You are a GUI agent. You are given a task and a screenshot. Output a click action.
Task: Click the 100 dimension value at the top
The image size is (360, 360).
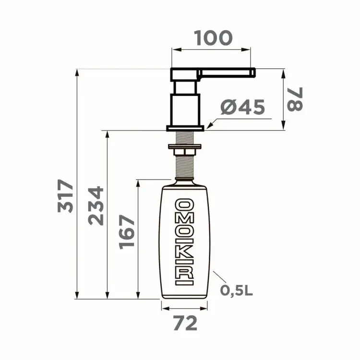click(x=213, y=38)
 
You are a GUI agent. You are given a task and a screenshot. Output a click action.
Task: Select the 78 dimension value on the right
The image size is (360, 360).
click(x=295, y=99)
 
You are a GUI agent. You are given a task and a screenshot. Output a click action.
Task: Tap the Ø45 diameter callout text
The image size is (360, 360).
click(x=242, y=107)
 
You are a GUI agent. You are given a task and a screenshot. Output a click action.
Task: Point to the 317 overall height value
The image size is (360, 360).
click(x=65, y=196)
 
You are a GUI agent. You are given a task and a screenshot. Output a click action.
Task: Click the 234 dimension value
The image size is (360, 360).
click(x=96, y=206)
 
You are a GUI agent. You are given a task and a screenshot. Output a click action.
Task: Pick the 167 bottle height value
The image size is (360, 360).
click(x=127, y=232)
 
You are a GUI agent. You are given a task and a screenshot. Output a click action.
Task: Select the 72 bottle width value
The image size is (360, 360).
click(x=185, y=323)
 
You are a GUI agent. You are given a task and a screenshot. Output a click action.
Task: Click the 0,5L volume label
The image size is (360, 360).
click(x=237, y=291)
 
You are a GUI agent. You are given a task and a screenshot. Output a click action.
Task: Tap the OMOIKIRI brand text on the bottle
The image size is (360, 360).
click(x=184, y=242)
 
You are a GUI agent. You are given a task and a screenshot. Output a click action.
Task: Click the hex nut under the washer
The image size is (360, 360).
click(x=185, y=152)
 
